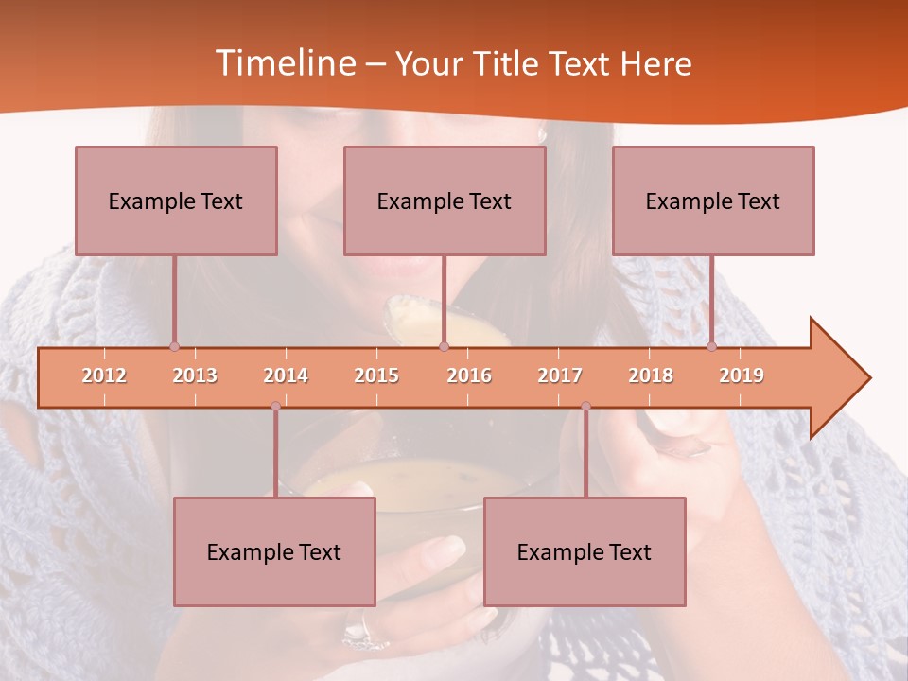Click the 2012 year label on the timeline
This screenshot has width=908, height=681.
(104, 375)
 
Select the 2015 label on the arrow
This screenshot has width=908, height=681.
(376, 375)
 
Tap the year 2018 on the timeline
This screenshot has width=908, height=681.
(651, 375)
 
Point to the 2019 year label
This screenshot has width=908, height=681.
(742, 375)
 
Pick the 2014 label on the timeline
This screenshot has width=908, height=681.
(286, 375)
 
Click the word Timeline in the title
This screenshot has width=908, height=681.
(284, 63)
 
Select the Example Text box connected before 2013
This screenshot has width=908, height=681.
(176, 201)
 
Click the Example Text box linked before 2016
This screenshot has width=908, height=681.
(445, 201)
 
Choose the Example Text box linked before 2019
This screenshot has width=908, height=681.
(713, 201)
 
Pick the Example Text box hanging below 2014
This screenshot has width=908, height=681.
(274, 551)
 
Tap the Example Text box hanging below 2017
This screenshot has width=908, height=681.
(585, 551)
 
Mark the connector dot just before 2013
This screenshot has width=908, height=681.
(174, 347)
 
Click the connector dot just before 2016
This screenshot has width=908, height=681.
(444, 347)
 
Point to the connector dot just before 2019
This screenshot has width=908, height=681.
(712, 347)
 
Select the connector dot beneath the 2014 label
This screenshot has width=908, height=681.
(275, 406)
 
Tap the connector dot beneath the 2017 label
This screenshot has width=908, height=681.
(585, 406)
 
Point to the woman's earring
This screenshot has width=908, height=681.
(543, 135)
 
